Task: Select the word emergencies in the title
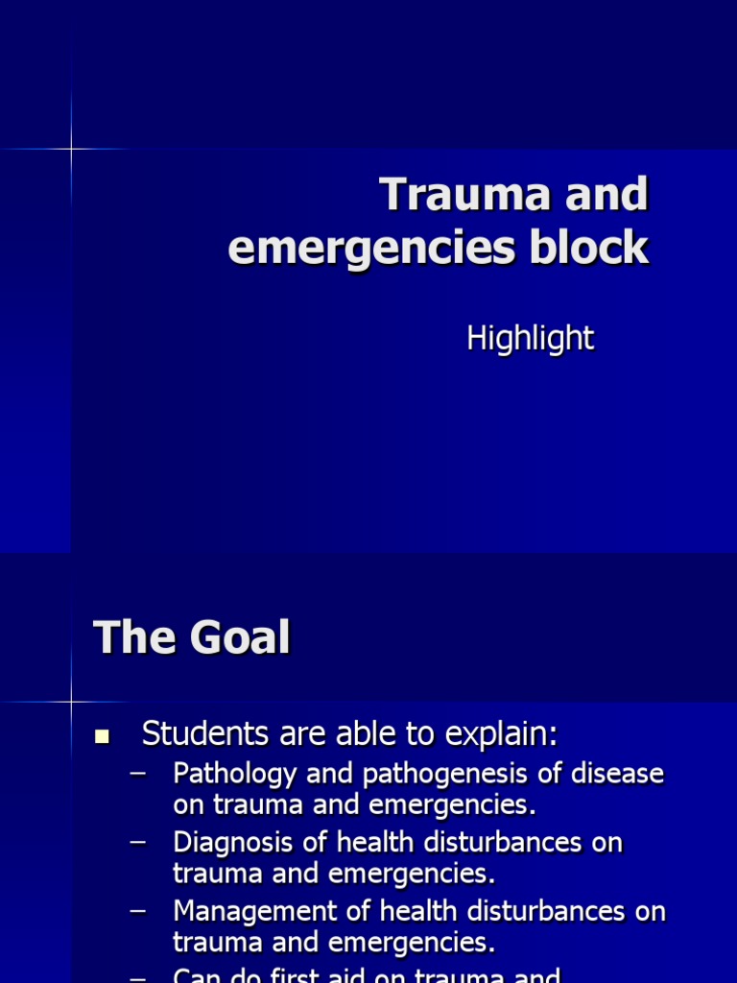coord(370,250)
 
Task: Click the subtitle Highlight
coord(530,338)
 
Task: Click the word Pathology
coord(227,775)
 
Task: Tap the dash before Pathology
coord(138,772)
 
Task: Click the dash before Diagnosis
coord(138,841)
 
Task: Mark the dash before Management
coord(138,910)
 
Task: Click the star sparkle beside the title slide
coord(71,149)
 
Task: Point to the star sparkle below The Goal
coord(71,702)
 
